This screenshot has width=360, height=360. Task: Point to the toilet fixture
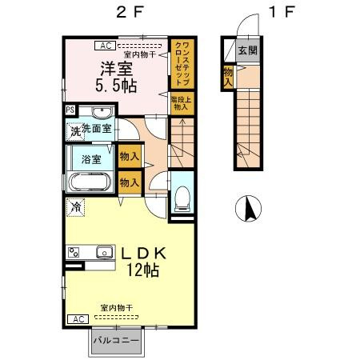click(x=181, y=194)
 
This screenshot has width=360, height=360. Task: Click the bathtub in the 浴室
click(x=90, y=181)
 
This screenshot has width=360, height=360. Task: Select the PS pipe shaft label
click(x=70, y=110)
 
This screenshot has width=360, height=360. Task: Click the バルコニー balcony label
click(x=115, y=341)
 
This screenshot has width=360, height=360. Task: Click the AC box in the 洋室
click(x=106, y=46)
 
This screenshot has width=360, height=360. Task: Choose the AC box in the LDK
click(x=78, y=319)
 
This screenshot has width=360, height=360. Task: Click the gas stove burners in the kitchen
click(x=75, y=254)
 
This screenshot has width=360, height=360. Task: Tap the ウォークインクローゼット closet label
click(x=181, y=62)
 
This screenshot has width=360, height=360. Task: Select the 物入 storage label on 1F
click(x=228, y=76)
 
